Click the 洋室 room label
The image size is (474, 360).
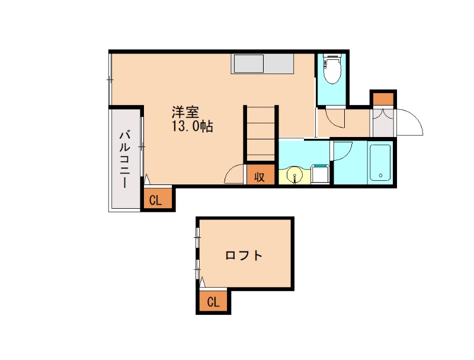point(185,111)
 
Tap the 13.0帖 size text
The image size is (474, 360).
point(193,126)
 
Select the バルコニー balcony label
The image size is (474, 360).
point(125,158)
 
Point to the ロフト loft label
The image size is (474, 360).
point(244,256)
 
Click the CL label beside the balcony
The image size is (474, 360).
point(155,200)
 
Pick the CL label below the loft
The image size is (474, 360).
point(213,302)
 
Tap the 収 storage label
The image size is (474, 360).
point(260,176)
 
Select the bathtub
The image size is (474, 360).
point(379,163)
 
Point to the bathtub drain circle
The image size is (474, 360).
point(380,176)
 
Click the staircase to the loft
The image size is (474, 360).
point(261,133)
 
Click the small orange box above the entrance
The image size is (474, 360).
point(383,98)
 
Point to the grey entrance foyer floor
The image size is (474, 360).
point(382,124)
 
